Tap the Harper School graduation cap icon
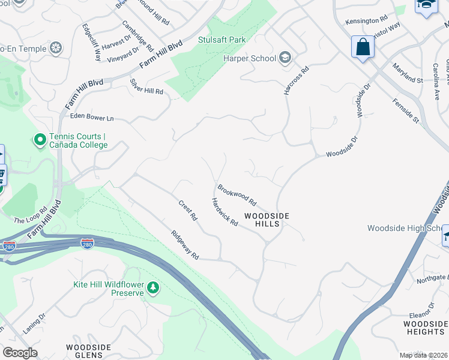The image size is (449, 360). coord(285,58)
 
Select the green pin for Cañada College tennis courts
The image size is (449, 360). coord(40,140)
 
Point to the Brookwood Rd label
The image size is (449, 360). coord(237,194)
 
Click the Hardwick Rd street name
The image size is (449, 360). coord(224,212)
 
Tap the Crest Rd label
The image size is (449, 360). coord(188,211)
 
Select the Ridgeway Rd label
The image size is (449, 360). coord(184,245)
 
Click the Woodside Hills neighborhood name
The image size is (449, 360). coord(267,220)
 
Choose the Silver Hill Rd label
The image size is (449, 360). coord(147,86)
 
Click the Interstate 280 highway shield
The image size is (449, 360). coord(88,244)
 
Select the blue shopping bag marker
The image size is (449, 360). coord(363,47)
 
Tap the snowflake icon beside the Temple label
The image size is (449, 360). coord(56,48)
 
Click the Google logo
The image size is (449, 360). coord(20,353)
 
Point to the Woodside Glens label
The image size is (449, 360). coord(88,351)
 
